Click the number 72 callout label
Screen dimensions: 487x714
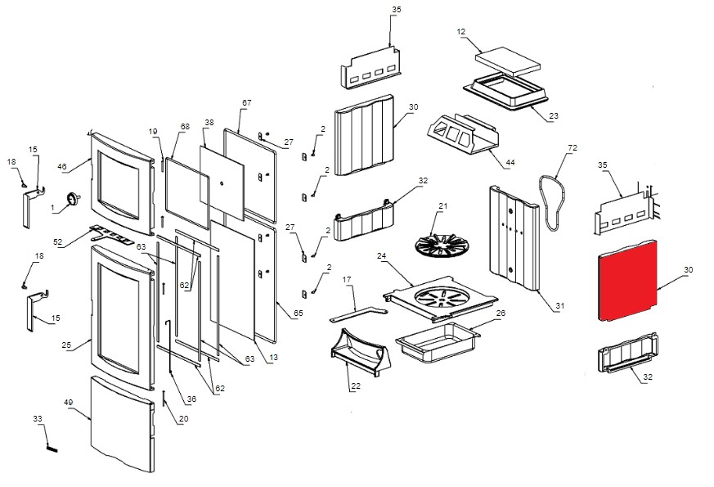click(572, 148)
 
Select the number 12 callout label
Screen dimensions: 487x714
click(461, 32)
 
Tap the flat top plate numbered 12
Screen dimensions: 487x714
click(509, 59)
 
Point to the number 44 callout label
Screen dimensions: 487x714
click(510, 163)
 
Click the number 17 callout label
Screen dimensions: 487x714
click(347, 280)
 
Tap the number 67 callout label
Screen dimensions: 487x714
click(246, 103)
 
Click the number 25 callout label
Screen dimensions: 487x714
click(67, 345)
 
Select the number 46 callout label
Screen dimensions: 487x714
click(61, 166)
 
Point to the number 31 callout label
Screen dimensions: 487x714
click(559, 306)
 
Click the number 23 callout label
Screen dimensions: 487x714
click(553, 116)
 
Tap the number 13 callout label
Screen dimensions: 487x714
click(273, 357)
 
